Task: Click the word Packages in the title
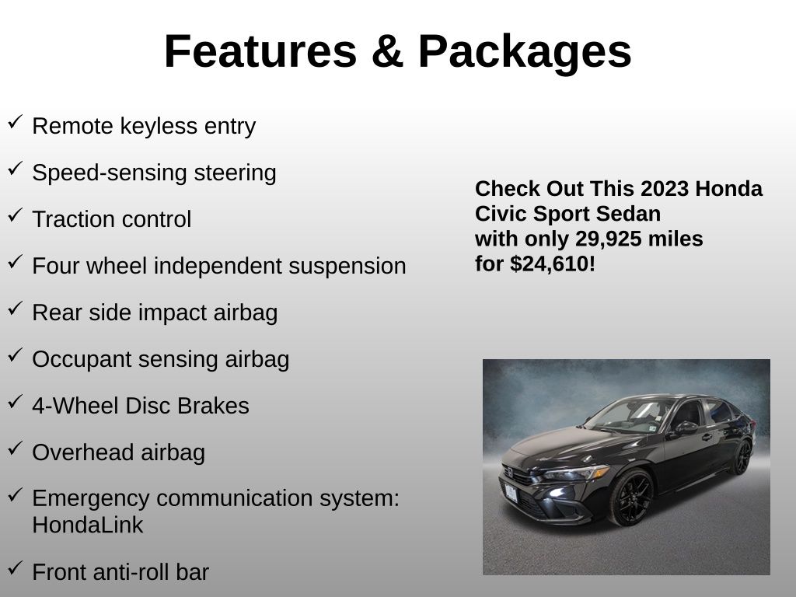pyautogui.click(x=525, y=52)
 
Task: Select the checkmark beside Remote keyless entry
pyautogui.click(x=16, y=122)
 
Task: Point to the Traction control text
pyautogui.click(x=112, y=219)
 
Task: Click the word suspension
pyautogui.click(x=347, y=267)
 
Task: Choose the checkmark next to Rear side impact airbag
pyautogui.click(x=16, y=309)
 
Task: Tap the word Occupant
pyautogui.click(x=82, y=360)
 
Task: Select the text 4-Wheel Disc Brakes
pyautogui.click(x=141, y=406)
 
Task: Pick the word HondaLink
pyautogui.click(x=88, y=525)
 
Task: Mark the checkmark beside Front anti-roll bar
pyautogui.click(x=16, y=568)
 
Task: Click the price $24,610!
pyautogui.click(x=553, y=264)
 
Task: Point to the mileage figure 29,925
pyautogui.click(x=608, y=239)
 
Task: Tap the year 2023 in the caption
pyautogui.click(x=665, y=188)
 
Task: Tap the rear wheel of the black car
pyautogui.click(x=743, y=457)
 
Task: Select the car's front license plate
pyautogui.click(x=511, y=492)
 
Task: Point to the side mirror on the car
pyautogui.click(x=685, y=428)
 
